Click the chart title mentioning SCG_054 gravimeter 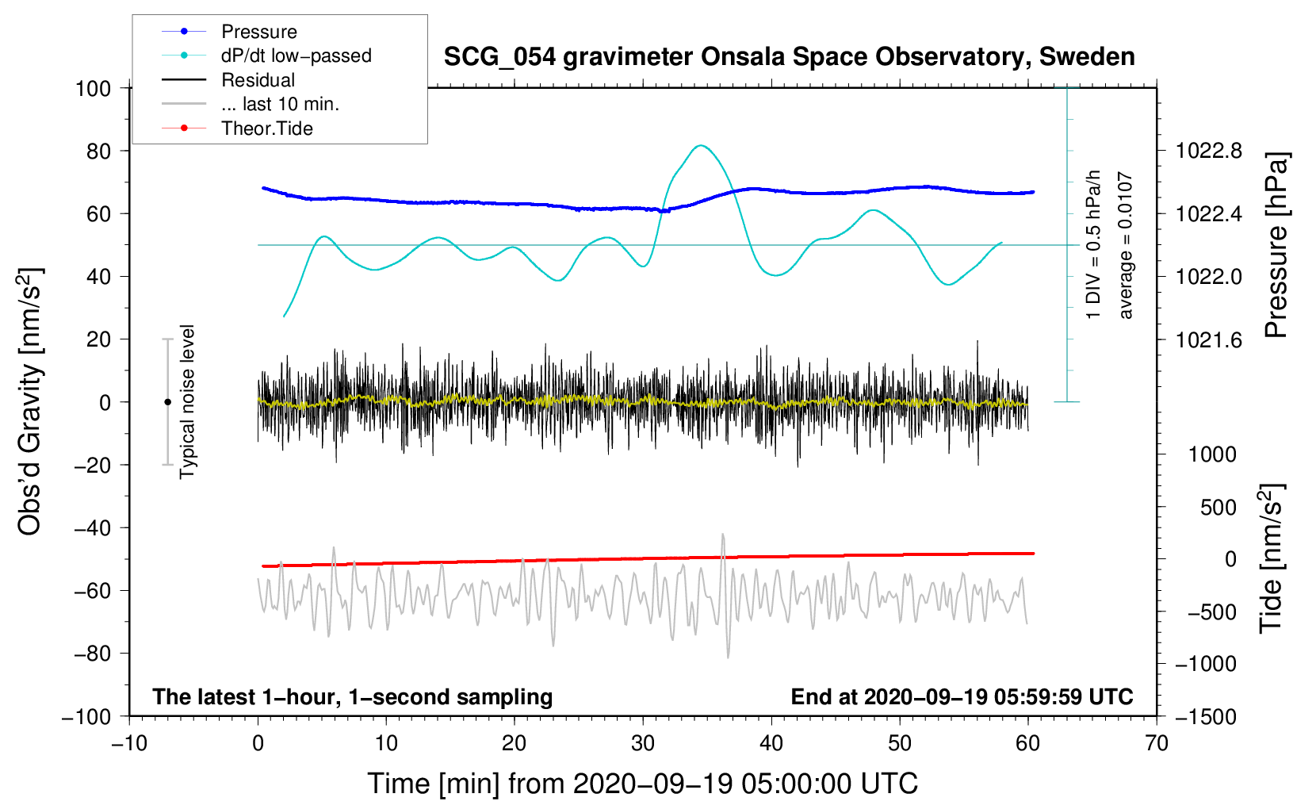pyautogui.click(x=789, y=57)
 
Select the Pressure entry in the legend pyautogui.click(x=229, y=31)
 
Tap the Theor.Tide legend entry pyautogui.click(x=237, y=128)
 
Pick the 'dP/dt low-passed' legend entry pyautogui.click(x=266, y=56)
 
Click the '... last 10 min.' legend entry pyautogui.click(x=251, y=104)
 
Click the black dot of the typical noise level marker pyautogui.click(x=167, y=402)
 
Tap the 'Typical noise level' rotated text pyautogui.click(x=187, y=402)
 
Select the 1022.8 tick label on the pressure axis pyautogui.click(x=1208, y=151)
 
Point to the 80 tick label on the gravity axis pyautogui.click(x=98, y=151)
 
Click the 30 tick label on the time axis pyautogui.click(x=643, y=744)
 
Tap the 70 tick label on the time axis pyautogui.click(x=1156, y=744)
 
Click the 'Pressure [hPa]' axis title pyautogui.click(x=1276, y=245)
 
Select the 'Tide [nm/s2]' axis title pyautogui.click(x=1272, y=558)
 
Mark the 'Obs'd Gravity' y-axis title pyautogui.click(x=29, y=402)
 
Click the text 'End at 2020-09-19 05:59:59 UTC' pyautogui.click(x=962, y=696)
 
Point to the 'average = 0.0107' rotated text pyautogui.click(x=1125, y=245)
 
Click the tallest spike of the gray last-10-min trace pyautogui.click(x=723, y=535)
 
